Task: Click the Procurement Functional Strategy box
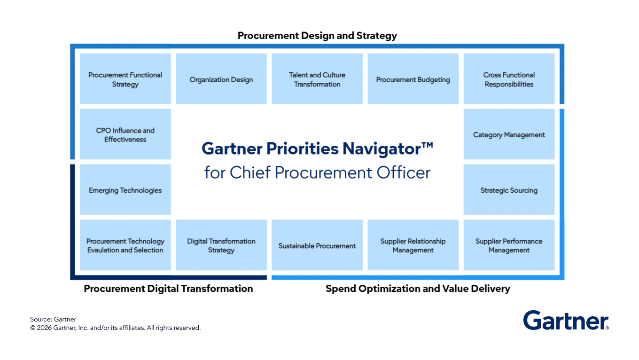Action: (125, 79)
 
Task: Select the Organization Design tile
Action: (221, 79)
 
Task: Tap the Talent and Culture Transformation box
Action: (317, 79)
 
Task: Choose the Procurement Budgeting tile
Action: (413, 79)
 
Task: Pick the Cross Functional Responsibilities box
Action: (509, 79)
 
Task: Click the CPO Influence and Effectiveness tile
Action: (125, 134)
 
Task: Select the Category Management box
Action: (509, 134)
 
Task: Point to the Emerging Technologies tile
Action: (125, 190)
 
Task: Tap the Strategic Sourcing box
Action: (509, 190)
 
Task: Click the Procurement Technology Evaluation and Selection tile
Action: (125, 245)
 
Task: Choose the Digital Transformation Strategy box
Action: (221, 245)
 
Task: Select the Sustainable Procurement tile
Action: (317, 245)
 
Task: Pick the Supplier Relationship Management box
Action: (413, 245)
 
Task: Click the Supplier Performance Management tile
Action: (509, 245)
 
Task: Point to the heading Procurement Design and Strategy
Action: (317, 36)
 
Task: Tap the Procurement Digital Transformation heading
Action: (168, 289)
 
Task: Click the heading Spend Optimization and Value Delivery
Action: (418, 289)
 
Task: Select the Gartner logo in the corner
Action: (566, 321)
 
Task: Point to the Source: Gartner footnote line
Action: (53, 320)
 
